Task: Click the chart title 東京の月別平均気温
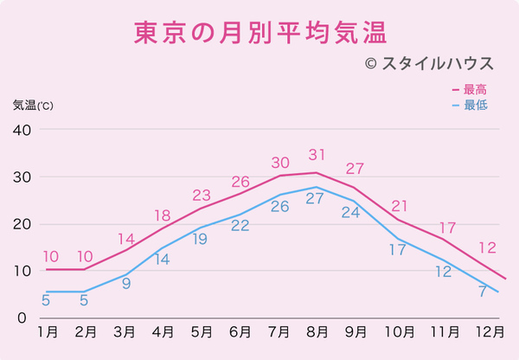click(x=259, y=33)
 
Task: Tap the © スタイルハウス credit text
click(x=428, y=64)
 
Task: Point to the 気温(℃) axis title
click(x=33, y=106)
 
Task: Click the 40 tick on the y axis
click(x=22, y=130)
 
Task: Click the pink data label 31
click(x=317, y=156)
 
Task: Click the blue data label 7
click(x=482, y=292)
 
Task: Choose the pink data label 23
click(x=202, y=194)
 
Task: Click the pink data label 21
click(x=399, y=206)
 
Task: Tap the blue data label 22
click(x=240, y=226)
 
